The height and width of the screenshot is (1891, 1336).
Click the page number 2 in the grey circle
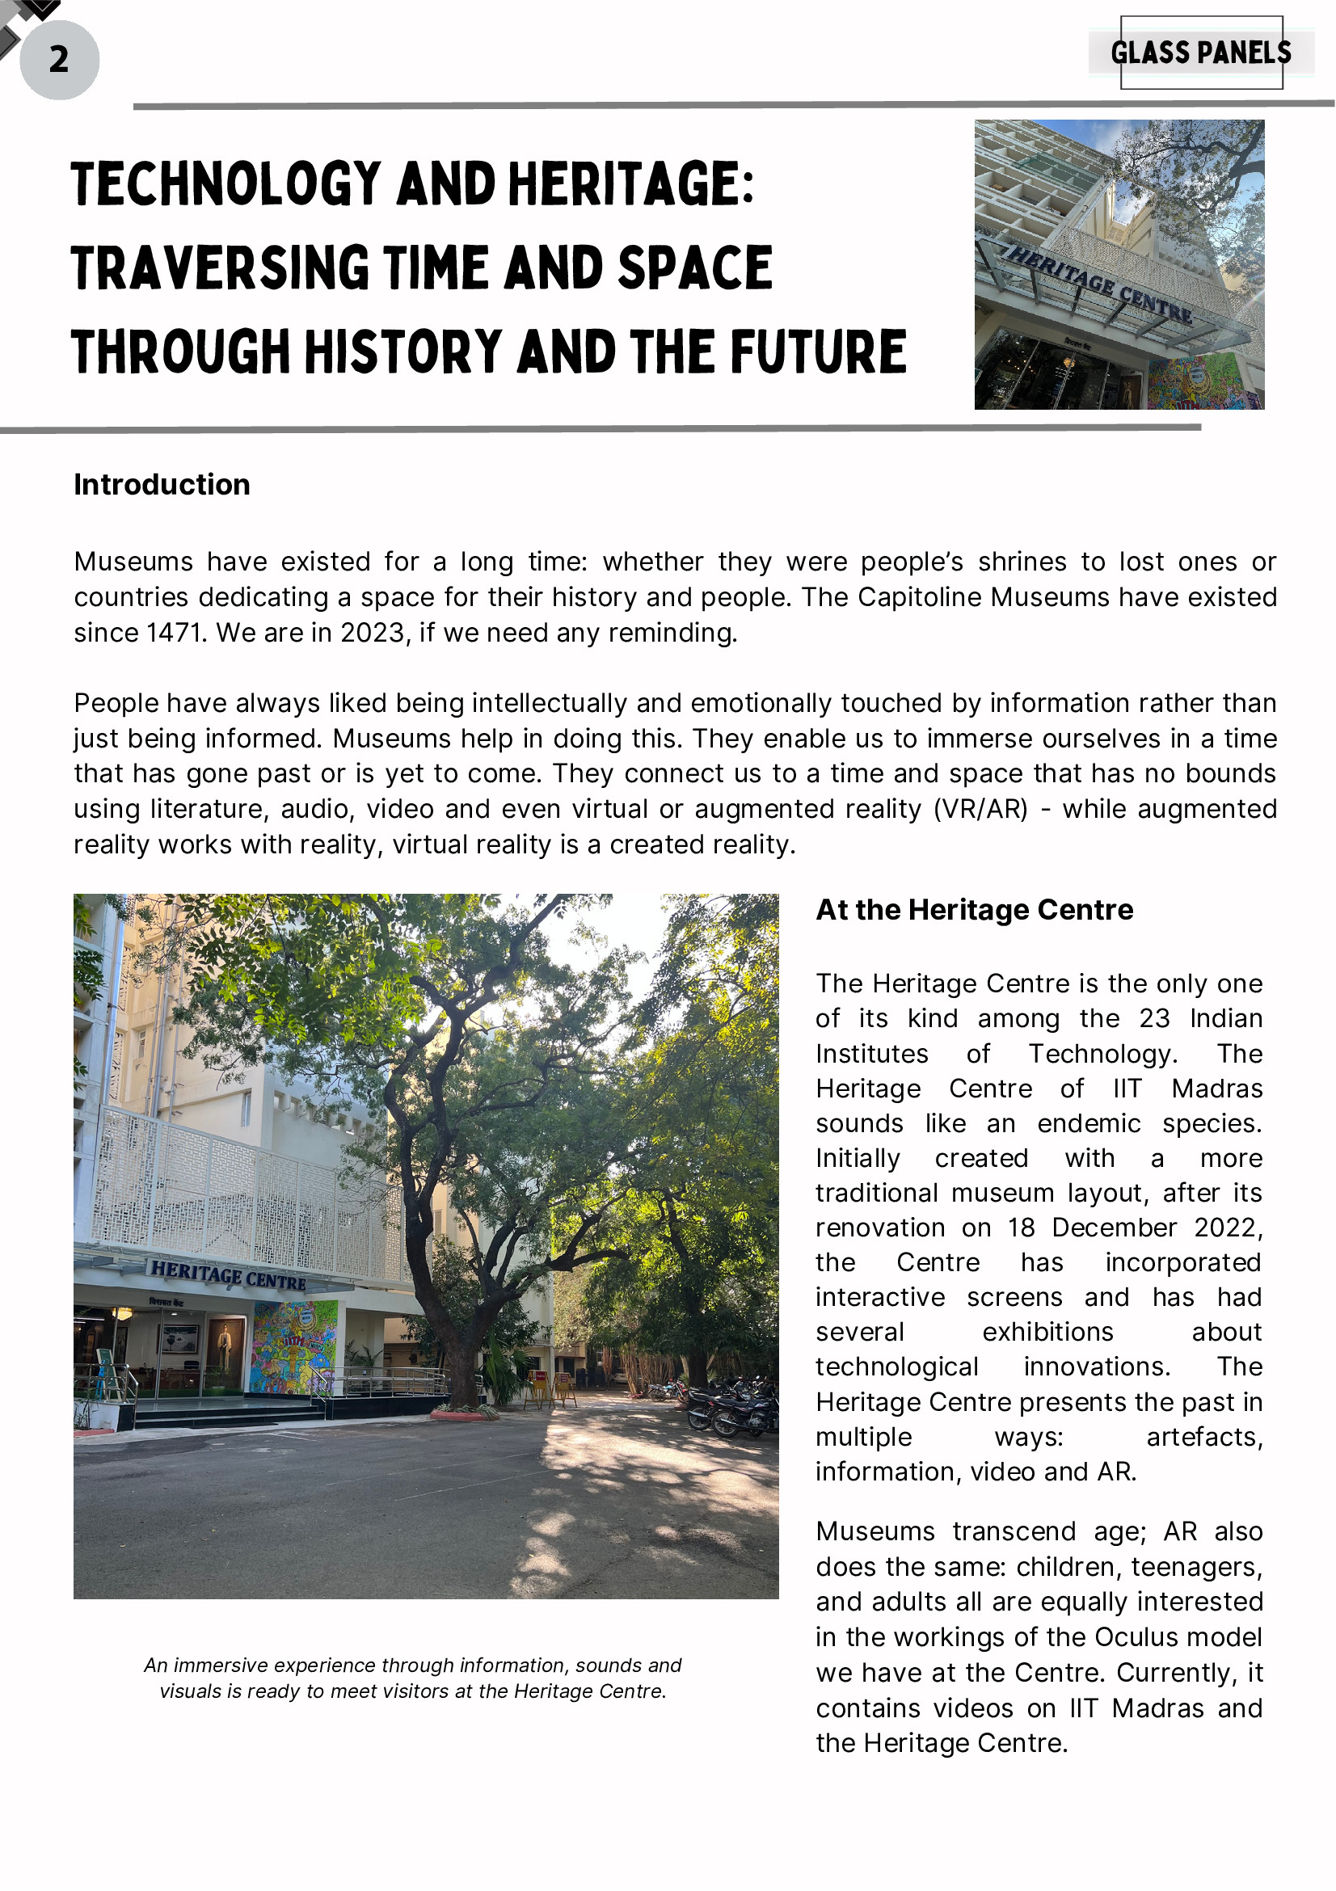[x=58, y=59]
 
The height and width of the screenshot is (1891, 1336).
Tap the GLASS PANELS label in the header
[x=1200, y=53]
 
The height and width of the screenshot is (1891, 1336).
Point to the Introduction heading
[x=162, y=484]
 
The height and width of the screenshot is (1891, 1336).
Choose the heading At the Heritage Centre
[x=974, y=909]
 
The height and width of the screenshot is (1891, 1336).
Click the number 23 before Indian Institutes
[x=1154, y=1019]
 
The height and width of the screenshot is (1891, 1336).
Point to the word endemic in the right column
[x=1089, y=1123]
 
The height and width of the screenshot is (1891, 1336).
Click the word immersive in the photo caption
[x=220, y=1666]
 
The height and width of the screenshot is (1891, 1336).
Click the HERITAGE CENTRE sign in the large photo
[x=228, y=1275]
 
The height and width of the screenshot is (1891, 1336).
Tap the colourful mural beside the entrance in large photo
[x=294, y=1346]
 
